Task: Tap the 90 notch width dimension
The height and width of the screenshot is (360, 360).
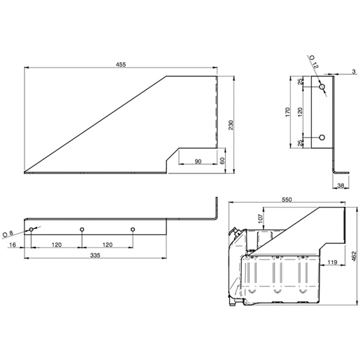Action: (198, 161)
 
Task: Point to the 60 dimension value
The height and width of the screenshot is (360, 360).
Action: (222, 161)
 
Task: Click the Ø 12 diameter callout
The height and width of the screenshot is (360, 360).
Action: (312, 65)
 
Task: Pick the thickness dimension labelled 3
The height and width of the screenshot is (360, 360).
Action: (354, 71)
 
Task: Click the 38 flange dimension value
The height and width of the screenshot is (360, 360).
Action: (340, 185)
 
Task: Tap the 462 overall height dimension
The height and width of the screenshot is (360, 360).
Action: (353, 257)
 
